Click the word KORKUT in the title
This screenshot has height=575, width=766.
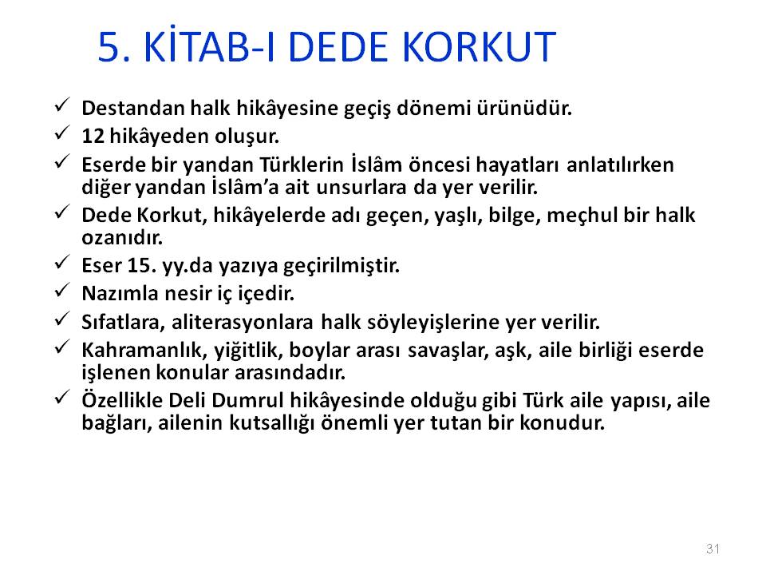click(x=480, y=47)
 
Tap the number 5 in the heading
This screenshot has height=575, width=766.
click(x=109, y=47)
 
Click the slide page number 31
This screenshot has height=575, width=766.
click(x=713, y=548)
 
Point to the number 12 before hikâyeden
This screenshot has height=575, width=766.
click(x=93, y=136)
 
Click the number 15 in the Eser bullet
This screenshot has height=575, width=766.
click(x=138, y=265)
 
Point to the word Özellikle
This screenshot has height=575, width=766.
click(x=122, y=399)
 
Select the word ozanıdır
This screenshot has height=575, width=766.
click(x=122, y=238)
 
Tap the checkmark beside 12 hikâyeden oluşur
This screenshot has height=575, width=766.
click(x=62, y=133)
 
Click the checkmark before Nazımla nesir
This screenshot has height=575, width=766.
click(x=62, y=291)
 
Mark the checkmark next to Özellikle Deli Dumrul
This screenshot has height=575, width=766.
click(x=62, y=397)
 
